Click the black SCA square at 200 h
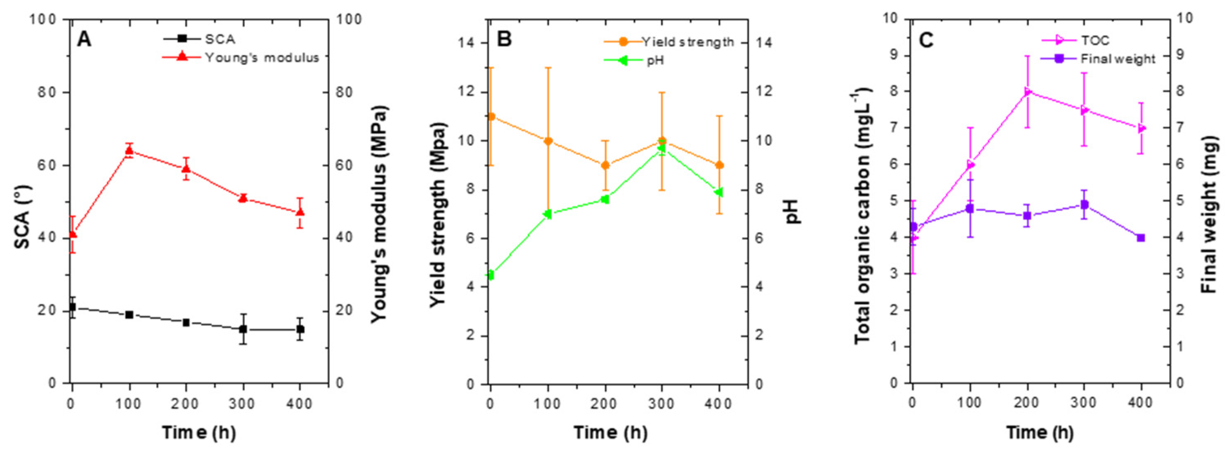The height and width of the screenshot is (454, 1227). (x=186, y=322)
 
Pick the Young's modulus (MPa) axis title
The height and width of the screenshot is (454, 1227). (x=379, y=214)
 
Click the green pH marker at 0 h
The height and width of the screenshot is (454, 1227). (x=491, y=275)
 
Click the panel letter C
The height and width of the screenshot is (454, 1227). (x=926, y=40)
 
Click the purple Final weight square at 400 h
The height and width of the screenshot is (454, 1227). (x=1141, y=238)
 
